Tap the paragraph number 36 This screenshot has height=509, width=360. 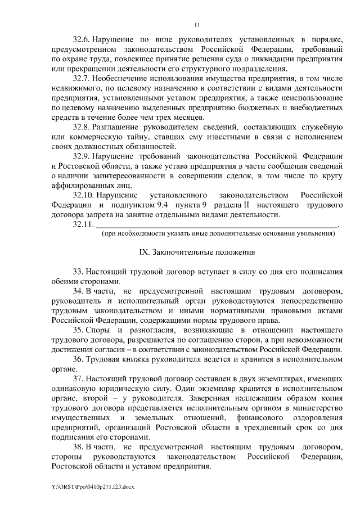(78, 359)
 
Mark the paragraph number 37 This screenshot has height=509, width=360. (78, 379)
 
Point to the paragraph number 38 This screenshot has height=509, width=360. (78, 447)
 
